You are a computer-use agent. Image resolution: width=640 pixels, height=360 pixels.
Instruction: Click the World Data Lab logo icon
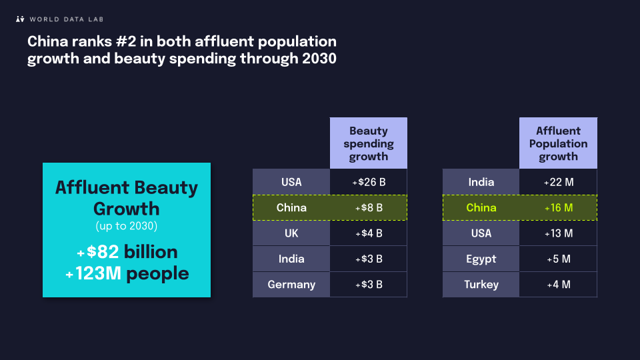point(20,19)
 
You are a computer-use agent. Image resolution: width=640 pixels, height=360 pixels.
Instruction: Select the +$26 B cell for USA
point(368,182)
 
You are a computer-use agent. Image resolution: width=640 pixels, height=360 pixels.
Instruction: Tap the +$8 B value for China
point(368,208)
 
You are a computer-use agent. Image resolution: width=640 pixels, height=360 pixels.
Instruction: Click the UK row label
point(291,233)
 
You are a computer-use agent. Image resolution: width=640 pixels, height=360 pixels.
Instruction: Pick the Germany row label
point(291,285)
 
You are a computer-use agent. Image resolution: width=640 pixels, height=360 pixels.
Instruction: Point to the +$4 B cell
point(368,233)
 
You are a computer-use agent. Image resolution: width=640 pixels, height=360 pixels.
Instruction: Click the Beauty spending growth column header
point(368,144)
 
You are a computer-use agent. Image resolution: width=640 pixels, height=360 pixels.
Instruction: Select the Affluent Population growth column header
point(558,144)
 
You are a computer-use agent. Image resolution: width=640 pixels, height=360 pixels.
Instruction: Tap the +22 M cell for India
point(558,182)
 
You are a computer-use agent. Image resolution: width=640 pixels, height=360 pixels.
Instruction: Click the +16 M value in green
point(558,208)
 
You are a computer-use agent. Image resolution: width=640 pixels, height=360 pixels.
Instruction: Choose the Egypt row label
point(481,259)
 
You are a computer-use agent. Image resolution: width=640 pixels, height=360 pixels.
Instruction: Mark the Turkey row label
point(481,285)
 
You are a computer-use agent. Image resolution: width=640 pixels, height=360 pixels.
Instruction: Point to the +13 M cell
point(558,233)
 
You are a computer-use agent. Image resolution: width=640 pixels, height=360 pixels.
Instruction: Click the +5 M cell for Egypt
point(558,259)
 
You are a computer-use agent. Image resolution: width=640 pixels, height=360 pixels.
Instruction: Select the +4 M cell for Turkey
point(558,285)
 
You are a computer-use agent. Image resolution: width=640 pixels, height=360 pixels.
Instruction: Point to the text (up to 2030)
point(127,226)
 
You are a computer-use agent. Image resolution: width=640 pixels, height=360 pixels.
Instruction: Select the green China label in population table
point(481,208)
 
